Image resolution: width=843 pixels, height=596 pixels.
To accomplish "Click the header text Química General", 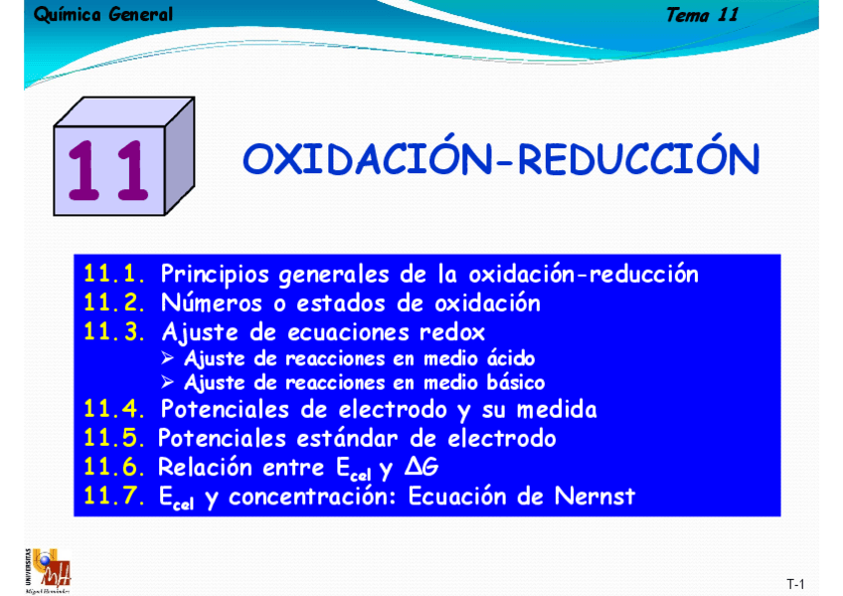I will click(x=102, y=15).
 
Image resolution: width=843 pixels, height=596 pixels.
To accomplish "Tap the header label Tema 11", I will click(x=702, y=15).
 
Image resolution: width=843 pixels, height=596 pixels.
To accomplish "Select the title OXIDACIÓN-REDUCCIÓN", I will click(x=501, y=159).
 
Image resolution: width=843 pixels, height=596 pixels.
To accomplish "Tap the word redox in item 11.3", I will click(x=453, y=331).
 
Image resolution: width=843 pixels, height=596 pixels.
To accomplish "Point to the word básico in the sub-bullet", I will click(x=512, y=383).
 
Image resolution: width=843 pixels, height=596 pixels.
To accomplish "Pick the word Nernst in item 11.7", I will click(x=596, y=496).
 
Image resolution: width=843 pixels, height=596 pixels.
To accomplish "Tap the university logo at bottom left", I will click(x=47, y=570).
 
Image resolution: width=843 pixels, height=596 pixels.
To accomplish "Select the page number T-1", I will click(x=794, y=583).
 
